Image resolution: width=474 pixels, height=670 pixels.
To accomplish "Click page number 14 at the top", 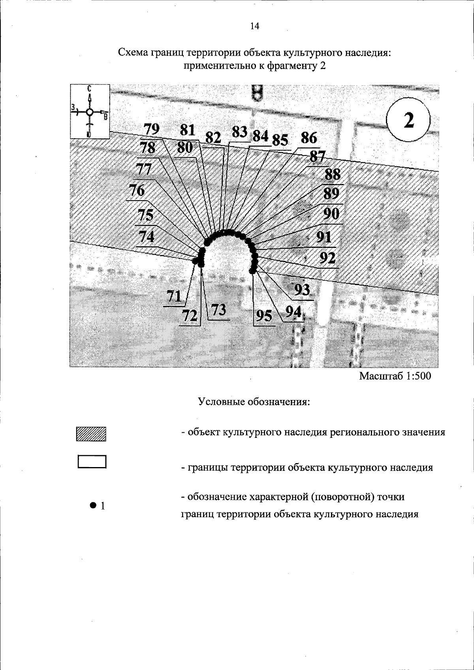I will point(255,26).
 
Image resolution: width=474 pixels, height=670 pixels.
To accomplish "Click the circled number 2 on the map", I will point(408,120).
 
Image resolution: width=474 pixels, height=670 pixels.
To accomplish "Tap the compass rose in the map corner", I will point(90,112).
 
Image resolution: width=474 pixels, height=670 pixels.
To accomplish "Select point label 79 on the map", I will point(151,129).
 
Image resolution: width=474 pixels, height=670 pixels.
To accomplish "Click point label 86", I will point(309,139).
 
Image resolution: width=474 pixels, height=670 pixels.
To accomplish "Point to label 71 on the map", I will point(174,296).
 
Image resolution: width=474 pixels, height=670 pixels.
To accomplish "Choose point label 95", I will point(264,316).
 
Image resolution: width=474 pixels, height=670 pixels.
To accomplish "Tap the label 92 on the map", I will point(327,258).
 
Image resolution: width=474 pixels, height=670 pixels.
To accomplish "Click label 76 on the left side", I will point(137,191).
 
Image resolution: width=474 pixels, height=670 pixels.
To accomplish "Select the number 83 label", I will point(239,132).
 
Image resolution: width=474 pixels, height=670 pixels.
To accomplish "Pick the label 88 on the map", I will point(333,174).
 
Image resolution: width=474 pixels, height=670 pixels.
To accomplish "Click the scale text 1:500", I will point(414,376).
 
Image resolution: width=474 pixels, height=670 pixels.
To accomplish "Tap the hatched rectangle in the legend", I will point(92,434).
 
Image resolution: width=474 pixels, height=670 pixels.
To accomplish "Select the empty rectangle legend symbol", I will point(92,462).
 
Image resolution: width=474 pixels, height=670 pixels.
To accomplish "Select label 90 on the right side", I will point(331,214).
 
